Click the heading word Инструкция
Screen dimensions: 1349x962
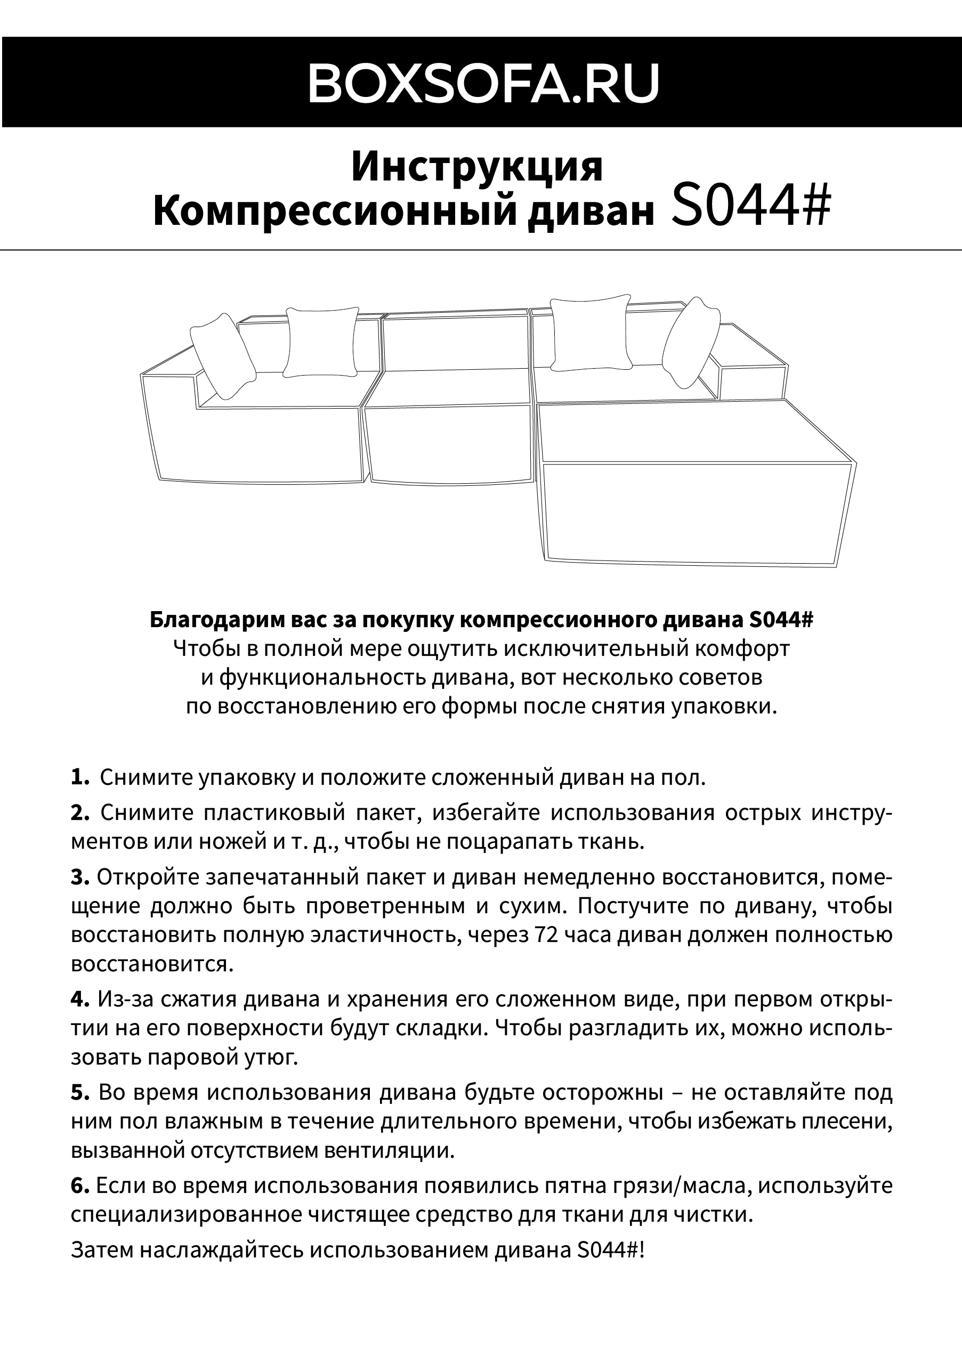[477, 166]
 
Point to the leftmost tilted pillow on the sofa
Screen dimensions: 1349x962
[222, 355]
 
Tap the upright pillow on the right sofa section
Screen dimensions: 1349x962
[589, 333]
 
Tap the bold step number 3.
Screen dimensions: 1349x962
[79, 876]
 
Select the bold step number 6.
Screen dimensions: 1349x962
[79, 1185]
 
